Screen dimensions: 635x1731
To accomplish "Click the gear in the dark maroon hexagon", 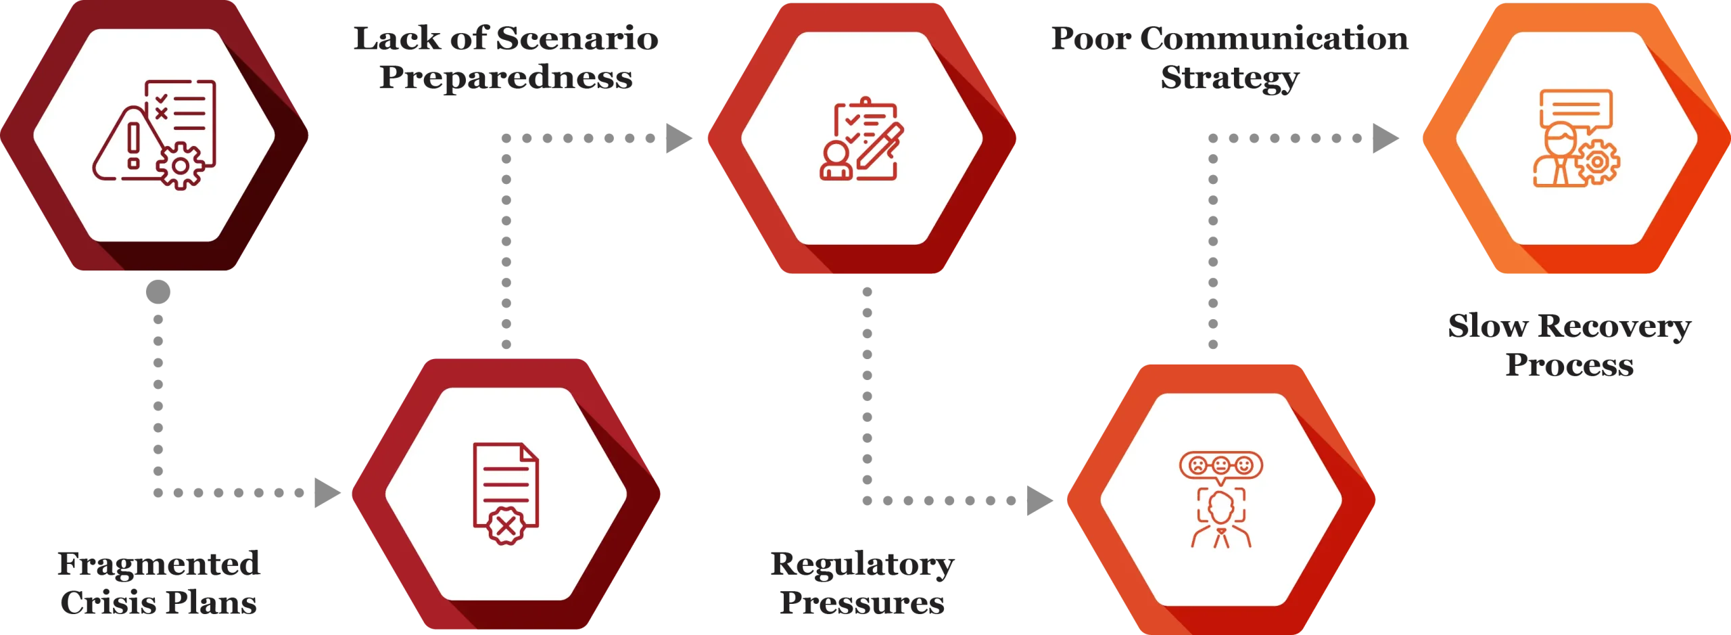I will click(180, 165).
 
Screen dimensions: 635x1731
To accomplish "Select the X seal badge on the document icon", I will click(504, 525).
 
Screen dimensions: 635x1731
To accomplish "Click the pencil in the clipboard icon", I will click(880, 145).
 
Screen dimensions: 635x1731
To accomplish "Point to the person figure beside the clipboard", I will click(836, 162).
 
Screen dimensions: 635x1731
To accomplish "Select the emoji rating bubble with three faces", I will click(1220, 465).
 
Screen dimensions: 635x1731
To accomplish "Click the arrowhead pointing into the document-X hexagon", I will click(329, 492).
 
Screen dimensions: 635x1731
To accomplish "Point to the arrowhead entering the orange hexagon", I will click(1383, 139).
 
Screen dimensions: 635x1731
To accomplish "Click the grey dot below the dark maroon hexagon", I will click(159, 292).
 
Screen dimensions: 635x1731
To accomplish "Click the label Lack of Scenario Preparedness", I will click(505, 59).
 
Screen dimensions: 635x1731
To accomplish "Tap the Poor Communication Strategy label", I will click(1230, 59).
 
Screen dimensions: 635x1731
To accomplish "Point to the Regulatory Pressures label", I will click(862, 584).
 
